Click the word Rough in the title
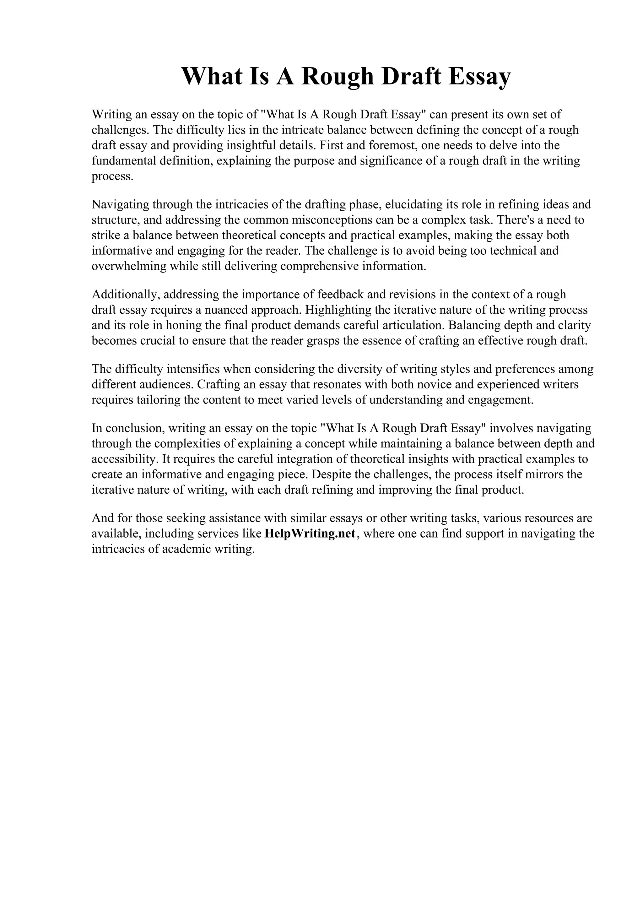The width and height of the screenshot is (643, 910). (337, 77)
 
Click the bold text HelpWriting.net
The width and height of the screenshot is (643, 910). (310, 534)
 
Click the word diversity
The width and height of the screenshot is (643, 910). (362, 369)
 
